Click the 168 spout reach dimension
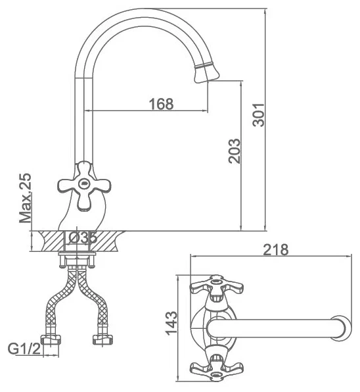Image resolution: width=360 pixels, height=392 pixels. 161,104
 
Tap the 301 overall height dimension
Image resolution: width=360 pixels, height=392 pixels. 258,114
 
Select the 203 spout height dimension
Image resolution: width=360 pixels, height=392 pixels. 234,151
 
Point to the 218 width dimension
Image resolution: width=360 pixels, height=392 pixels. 276,249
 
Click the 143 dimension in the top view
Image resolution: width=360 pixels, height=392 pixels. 171,323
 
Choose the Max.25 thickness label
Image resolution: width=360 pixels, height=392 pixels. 25,198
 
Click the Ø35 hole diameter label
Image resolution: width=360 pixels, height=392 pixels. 82,237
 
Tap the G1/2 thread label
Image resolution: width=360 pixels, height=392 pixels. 24,348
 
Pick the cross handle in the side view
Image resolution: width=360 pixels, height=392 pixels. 84,185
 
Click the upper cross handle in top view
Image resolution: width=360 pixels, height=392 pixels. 216,287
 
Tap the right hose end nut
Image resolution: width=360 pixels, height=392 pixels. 102,339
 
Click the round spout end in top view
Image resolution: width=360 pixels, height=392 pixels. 340,328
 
